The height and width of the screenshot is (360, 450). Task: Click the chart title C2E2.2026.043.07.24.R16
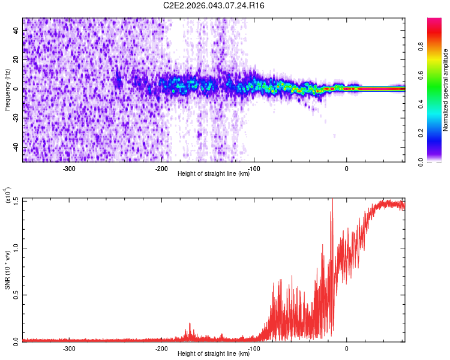[x=214, y=5]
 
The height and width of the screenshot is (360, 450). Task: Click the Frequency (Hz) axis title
[x=7, y=90]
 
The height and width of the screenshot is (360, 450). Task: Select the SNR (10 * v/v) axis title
[x=7, y=270]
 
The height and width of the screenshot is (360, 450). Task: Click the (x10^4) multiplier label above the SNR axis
[x=7, y=196]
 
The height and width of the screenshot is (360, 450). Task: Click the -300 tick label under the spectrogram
[x=69, y=169]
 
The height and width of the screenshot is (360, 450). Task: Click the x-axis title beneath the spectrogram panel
[x=214, y=174]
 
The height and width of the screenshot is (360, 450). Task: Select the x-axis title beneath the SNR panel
[x=214, y=354]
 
